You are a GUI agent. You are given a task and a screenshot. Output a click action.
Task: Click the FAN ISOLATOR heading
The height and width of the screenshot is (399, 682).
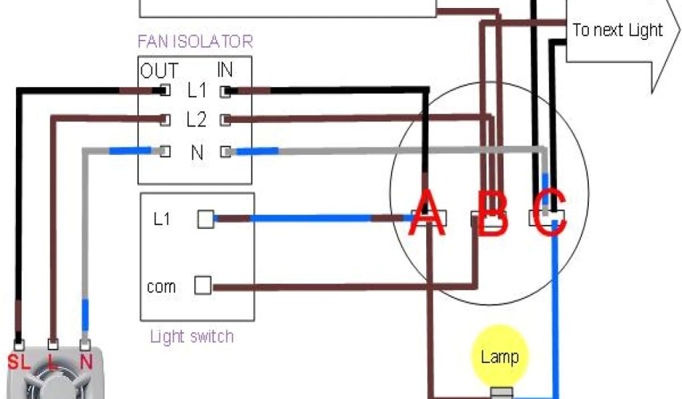pyautogui.click(x=195, y=42)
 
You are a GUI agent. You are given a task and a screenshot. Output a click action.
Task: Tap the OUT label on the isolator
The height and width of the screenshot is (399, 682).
pyautogui.click(x=159, y=70)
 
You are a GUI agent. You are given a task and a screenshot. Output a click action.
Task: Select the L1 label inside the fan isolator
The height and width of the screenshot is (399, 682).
pyautogui.click(x=196, y=90)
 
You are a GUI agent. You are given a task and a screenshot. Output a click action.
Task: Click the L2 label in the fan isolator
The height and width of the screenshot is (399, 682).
pyautogui.click(x=196, y=120)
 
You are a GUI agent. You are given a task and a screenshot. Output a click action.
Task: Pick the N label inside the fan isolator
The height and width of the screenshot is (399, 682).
pyautogui.click(x=197, y=152)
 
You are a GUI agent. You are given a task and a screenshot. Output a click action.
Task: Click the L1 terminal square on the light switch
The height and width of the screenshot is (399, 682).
pyautogui.click(x=205, y=219)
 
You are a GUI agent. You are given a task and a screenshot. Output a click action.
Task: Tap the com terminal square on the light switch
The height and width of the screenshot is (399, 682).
pyautogui.click(x=202, y=286)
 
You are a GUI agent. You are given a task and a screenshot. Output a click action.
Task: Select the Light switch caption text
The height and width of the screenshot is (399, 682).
pyautogui.click(x=192, y=336)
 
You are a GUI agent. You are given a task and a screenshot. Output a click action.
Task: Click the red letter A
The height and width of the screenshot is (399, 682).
pyautogui.click(x=426, y=212)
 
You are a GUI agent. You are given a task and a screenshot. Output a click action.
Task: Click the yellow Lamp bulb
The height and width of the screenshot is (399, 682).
pyautogui.click(x=500, y=356)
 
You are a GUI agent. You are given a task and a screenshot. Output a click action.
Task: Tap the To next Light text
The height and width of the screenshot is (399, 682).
pyautogui.click(x=617, y=30)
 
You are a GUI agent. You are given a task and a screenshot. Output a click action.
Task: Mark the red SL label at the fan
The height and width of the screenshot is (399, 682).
pyautogui.click(x=19, y=362)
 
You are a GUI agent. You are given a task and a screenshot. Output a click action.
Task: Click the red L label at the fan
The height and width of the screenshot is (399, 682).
pyautogui.click(x=52, y=362)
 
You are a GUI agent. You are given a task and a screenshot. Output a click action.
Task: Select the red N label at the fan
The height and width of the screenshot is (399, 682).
pyautogui.click(x=86, y=362)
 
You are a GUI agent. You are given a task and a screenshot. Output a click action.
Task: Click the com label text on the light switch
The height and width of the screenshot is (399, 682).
pyautogui.click(x=161, y=287)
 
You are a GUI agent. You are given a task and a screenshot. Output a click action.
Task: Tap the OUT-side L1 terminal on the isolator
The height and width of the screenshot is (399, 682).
pyautogui.click(x=165, y=90)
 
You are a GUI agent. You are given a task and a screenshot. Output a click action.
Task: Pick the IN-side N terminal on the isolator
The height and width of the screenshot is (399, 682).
pyautogui.click(x=226, y=152)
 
